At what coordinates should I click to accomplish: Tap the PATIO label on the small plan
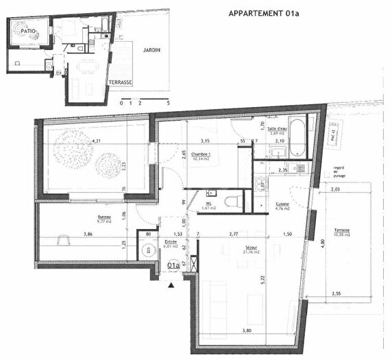coord(27,32)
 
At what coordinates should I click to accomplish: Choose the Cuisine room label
coord(282,205)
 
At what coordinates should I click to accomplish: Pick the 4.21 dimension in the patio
coord(95,142)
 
